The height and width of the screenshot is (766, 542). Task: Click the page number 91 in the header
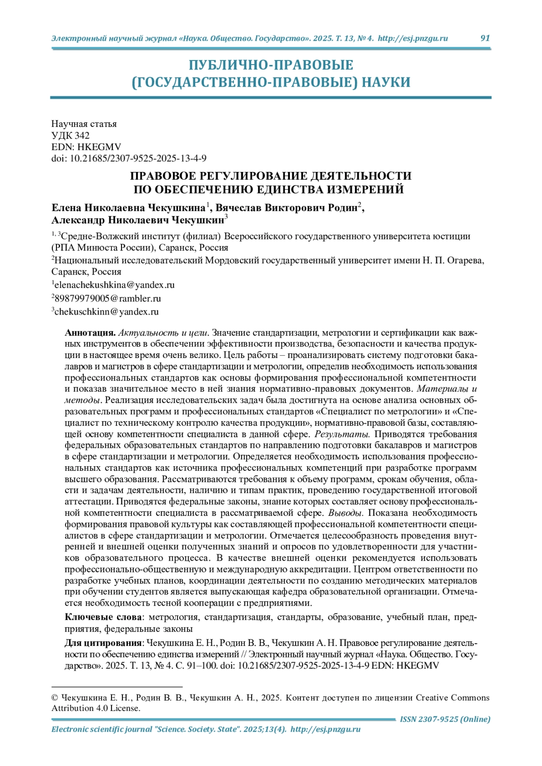(x=485, y=38)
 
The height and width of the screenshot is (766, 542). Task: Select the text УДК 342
(x=70, y=135)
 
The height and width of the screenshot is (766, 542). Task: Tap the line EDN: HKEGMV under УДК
(x=86, y=147)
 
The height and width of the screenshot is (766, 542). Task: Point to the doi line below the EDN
(x=129, y=158)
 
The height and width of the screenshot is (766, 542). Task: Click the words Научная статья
(x=84, y=124)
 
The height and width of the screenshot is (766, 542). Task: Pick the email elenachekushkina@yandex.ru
(x=114, y=285)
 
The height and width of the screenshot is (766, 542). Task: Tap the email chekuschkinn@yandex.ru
(x=107, y=312)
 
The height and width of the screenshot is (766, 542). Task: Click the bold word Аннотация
(x=90, y=333)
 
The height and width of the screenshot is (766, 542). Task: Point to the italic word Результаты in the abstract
(x=342, y=434)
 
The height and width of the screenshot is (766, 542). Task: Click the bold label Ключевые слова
(x=103, y=617)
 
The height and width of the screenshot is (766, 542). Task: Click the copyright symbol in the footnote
(x=55, y=698)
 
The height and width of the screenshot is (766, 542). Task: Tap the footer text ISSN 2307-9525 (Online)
(x=445, y=719)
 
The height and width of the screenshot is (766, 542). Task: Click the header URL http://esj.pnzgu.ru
(x=412, y=38)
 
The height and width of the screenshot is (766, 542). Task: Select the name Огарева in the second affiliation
(x=465, y=260)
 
